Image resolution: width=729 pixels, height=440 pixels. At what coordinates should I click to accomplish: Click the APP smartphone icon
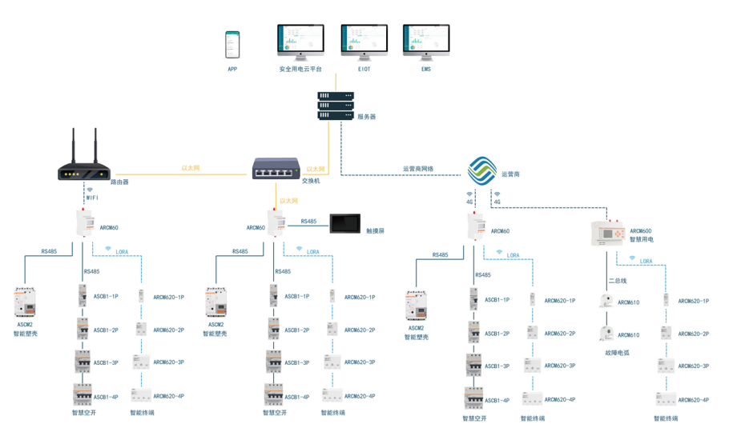[232, 45]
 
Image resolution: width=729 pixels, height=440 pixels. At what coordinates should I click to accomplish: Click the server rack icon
[336, 106]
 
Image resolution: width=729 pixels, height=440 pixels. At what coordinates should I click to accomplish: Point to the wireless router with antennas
[83, 164]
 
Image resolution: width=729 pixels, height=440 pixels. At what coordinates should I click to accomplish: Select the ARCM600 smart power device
[610, 233]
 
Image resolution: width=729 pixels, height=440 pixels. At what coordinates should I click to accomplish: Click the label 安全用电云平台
[300, 70]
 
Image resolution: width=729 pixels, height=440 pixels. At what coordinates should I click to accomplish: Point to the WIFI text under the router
[92, 198]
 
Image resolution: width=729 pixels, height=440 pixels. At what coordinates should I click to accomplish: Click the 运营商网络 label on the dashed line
[418, 170]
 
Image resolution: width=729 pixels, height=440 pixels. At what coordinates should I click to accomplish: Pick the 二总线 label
[617, 281]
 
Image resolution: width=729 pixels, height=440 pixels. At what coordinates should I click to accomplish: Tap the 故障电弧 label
[617, 352]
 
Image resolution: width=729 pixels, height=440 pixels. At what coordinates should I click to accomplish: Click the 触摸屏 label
[376, 231]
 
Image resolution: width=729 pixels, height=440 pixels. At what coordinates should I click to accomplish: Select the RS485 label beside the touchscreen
[308, 222]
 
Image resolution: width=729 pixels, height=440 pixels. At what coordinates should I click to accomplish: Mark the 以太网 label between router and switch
[191, 168]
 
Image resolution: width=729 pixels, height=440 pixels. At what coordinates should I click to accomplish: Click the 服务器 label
[366, 117]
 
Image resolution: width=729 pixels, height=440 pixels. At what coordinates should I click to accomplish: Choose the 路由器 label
[119, 182]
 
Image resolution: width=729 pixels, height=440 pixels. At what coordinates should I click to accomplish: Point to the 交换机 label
[311, 182]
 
